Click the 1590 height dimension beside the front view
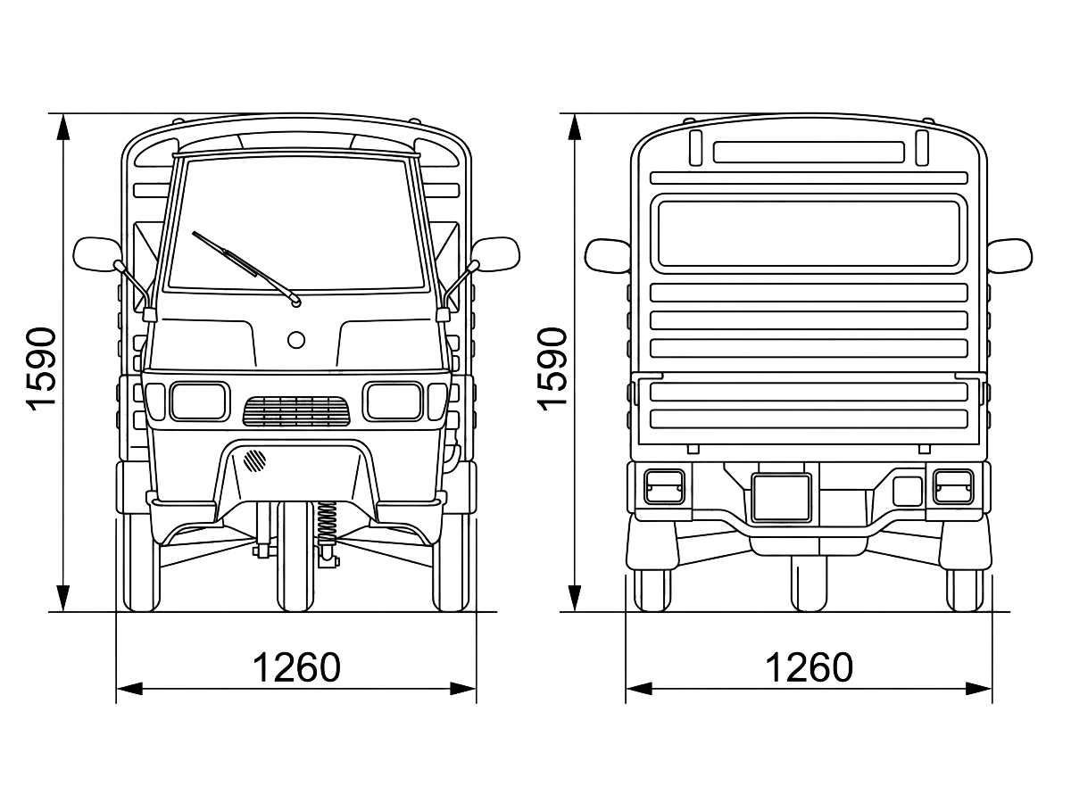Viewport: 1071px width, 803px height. pyautogui.click(x=41, y=369)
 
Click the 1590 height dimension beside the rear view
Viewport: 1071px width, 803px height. pyautogui.click(x=552, y=369)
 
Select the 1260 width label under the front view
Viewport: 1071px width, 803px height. pyautogui.click(x=296, y=667)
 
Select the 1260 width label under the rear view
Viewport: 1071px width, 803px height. pyautogui.click(x=809, y=667)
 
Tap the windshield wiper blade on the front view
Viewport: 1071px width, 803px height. pyautogui.click(x=246, y=269)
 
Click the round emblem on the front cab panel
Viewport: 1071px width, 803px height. pyautogui.click(x=296, y=340)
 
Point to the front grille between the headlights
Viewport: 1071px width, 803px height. pyautogui.click(x=296, y=411)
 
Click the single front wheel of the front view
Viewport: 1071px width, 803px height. pyautogui.click(x=295, y=556)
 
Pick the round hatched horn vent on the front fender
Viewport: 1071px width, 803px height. pyautogui.click(x=254, y=460)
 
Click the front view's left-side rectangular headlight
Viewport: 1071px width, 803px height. pyautogui.click(x=200, y=401)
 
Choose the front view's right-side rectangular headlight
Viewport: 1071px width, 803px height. pyautogui.click(x=394, y=401)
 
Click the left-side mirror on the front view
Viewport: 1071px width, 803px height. pyautogui.click(x=97, y=254)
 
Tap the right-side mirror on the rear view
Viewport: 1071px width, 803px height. pyautogui.click(x=1010, y=255)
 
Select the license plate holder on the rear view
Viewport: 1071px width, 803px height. pyautogui.click(x=781, y=497)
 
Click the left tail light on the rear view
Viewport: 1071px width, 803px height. pyautogui.click(x=664, y=487)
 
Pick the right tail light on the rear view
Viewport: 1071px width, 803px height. pyautogui.click(x=953, y=487)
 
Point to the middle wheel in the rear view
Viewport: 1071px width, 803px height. pyautogui.click(x=809, y=584)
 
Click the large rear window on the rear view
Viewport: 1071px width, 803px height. pyautogui.click(x=809, y=234)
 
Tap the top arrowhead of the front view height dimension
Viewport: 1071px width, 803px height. pyautogui.click(x=63, y=128)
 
